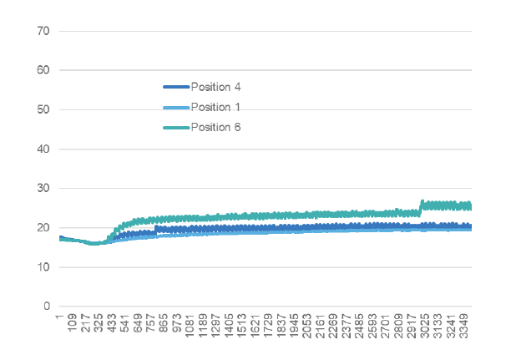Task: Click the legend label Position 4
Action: [x=215, y=86]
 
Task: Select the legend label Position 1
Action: [x=215, y=107]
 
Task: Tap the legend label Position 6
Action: [x=215, y=127]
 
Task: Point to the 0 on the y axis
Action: [x=48, y=307]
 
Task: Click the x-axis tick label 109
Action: [x=73, y=324]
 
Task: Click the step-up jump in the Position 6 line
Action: [x=421, y=207]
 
